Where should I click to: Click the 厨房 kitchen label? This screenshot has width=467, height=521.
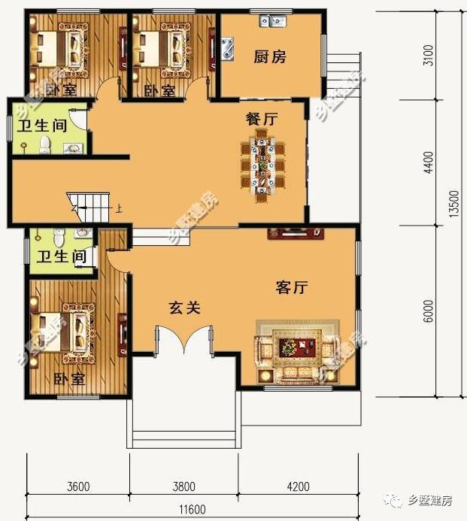click(x=269, y=56)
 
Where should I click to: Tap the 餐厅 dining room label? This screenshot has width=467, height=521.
click(x=262, y=119)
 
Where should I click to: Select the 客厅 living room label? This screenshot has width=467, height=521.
click(x=293, y=287)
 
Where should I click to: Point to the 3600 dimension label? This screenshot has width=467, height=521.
click(x=77, y=486)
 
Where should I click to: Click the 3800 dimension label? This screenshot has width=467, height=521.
click(x=183, y=486)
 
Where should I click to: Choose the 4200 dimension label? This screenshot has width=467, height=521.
click(x=299, y=486)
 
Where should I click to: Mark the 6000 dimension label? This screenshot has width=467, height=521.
click(x=428, y=312)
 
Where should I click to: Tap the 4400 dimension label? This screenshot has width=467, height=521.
click(x=428, y=163)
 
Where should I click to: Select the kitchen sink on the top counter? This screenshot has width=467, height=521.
click(x=271, y=20)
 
